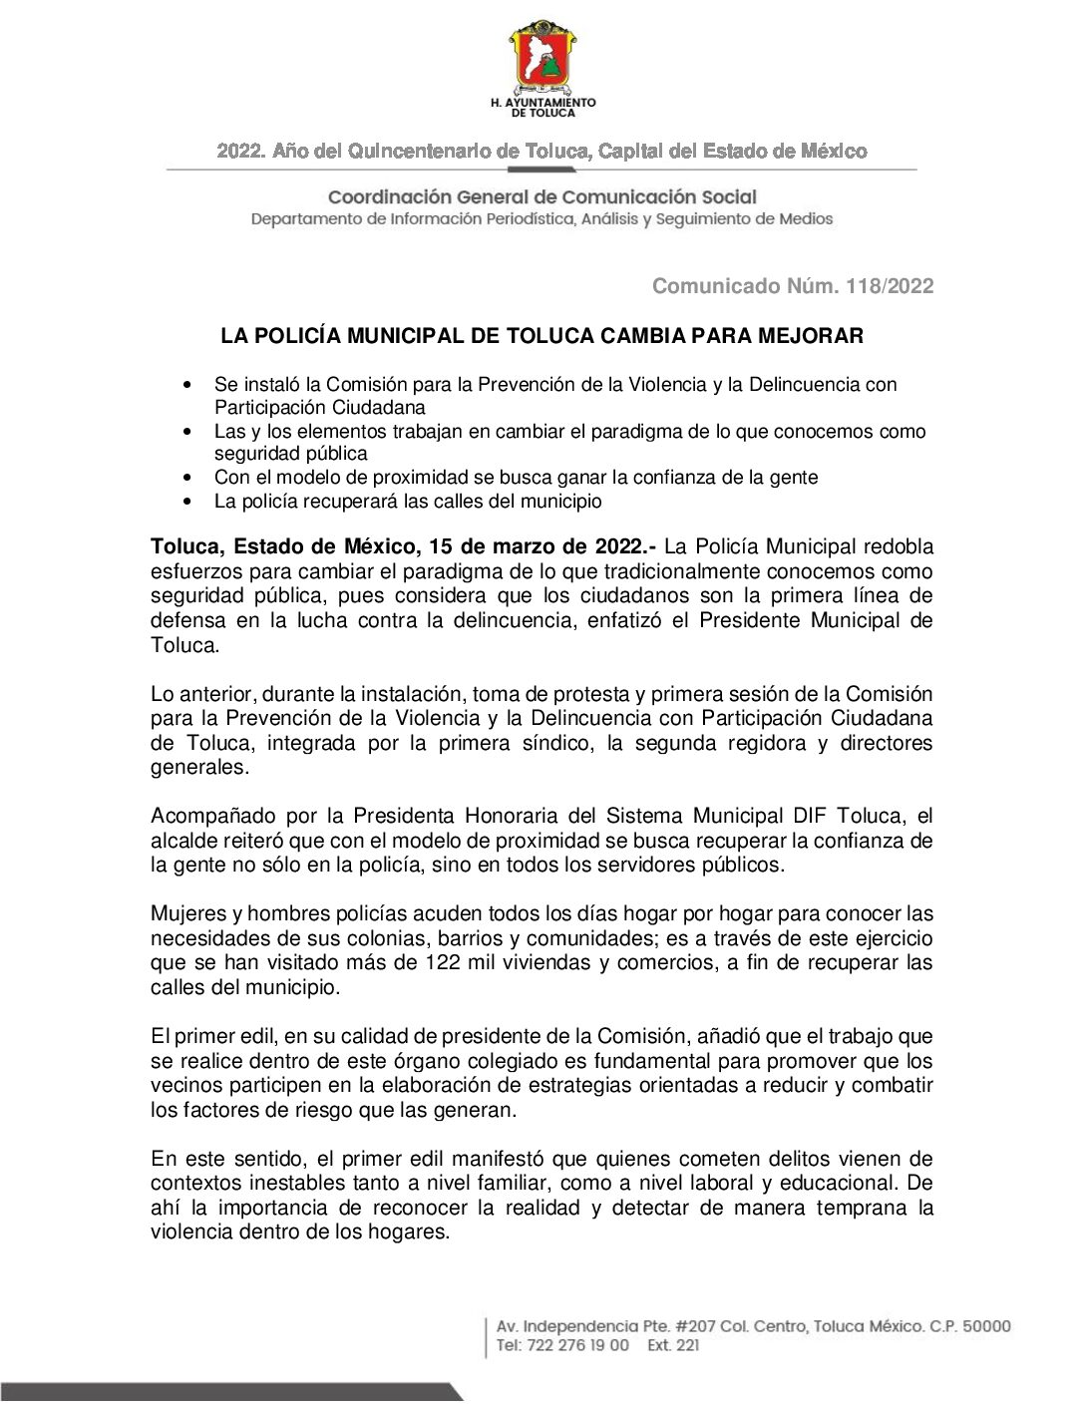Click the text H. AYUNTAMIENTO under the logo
coord(542,102)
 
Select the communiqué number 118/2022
coord(890,286)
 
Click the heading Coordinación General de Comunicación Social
coord(542,197)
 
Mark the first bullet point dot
coord(187,385)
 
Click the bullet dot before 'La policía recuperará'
coord(187,502)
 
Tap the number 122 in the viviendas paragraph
coord(443,962)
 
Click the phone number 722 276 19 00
coord(577,1345)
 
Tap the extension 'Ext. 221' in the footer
coord(673,1345)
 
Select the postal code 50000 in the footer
coord(986,1326)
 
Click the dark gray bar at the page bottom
coord(229,1392)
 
